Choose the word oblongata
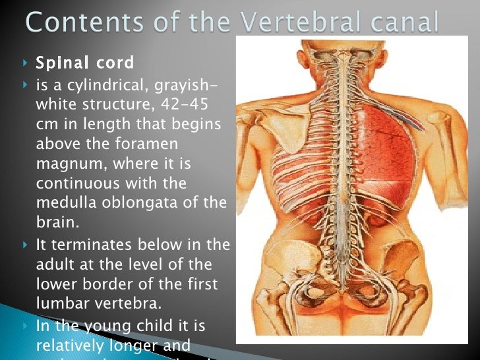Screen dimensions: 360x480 tap(146, 202)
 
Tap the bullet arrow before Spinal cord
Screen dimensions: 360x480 tap(25, 64)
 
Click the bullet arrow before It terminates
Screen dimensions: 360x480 tap(25, 245)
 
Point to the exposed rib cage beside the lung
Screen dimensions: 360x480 tap(293, 185)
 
